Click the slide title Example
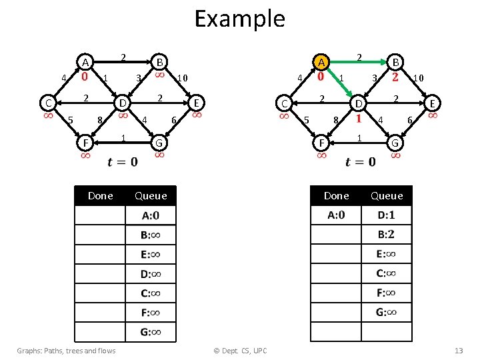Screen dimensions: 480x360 (239, 18)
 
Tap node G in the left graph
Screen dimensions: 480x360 (159, 143)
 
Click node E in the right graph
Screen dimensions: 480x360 (433, 103)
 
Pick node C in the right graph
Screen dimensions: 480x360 (284, 103)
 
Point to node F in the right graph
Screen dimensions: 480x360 (321, 143)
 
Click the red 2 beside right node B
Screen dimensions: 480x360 (395, 78)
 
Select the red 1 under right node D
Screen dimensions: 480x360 (359, 119)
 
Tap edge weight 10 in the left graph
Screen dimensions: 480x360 (181, 79)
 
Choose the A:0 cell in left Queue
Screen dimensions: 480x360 (150, 215)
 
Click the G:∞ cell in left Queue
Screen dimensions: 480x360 (150, 332)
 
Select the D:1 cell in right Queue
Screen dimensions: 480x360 (386, 215)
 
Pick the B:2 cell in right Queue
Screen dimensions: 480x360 (386, 234)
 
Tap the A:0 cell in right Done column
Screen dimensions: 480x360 (336, 215)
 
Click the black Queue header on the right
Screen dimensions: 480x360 (387, 195)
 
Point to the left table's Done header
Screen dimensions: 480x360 (101, 195)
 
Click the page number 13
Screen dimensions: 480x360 (458, 351)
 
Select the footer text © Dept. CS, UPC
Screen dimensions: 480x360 (239, 351)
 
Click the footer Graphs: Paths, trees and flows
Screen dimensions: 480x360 (66, 351)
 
